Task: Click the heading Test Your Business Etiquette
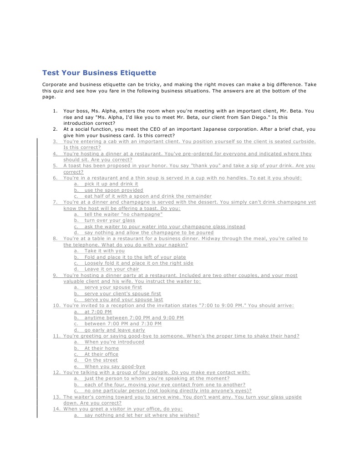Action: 99,73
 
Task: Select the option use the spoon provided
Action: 114,190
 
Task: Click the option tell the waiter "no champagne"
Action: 123,215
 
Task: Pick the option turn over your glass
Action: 110,220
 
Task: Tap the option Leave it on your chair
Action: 112,269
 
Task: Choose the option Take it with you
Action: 104,251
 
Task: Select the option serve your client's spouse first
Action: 122,294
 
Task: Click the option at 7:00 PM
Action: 98,312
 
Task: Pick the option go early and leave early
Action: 115,330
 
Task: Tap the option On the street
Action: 101,360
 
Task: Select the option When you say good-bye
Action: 115,367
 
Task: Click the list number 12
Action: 56,373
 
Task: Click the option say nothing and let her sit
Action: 142,415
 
